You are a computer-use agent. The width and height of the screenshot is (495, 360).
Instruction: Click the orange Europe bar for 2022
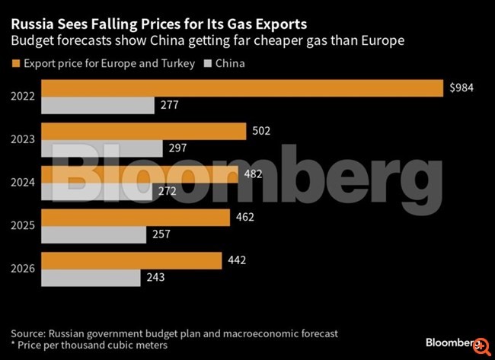point(241,88)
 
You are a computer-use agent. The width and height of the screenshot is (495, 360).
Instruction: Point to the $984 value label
point(461,88)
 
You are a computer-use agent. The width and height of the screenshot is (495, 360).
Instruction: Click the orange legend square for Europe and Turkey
point(15,64)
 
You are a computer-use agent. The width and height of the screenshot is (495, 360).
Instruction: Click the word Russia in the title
point(30,23)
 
